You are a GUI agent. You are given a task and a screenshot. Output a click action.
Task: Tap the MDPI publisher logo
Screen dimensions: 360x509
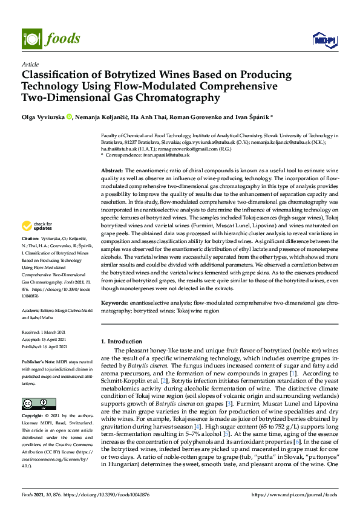pos(324,39)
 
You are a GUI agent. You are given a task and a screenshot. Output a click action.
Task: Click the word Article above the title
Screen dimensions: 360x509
pos(30,64)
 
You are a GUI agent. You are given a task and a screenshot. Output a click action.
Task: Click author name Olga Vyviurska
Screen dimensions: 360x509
pos(43,117)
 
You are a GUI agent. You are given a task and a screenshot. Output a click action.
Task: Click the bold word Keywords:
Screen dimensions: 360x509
pos(115,302)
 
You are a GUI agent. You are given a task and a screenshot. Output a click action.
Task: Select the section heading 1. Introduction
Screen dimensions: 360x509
pos(124,342)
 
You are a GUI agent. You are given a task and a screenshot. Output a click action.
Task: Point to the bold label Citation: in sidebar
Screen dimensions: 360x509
pos(31,256)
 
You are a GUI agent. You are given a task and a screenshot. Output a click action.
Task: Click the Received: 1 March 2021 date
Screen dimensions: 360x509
pos(49,332)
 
